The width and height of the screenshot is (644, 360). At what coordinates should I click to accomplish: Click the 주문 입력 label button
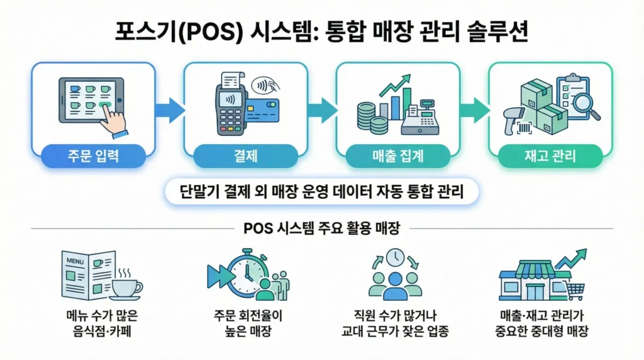point(93,156)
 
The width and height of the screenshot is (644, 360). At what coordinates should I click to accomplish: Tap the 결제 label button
point(245,156)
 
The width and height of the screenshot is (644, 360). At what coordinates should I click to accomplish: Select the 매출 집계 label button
point(398,156)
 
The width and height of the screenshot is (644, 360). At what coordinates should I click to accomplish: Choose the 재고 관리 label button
point(550,156)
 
